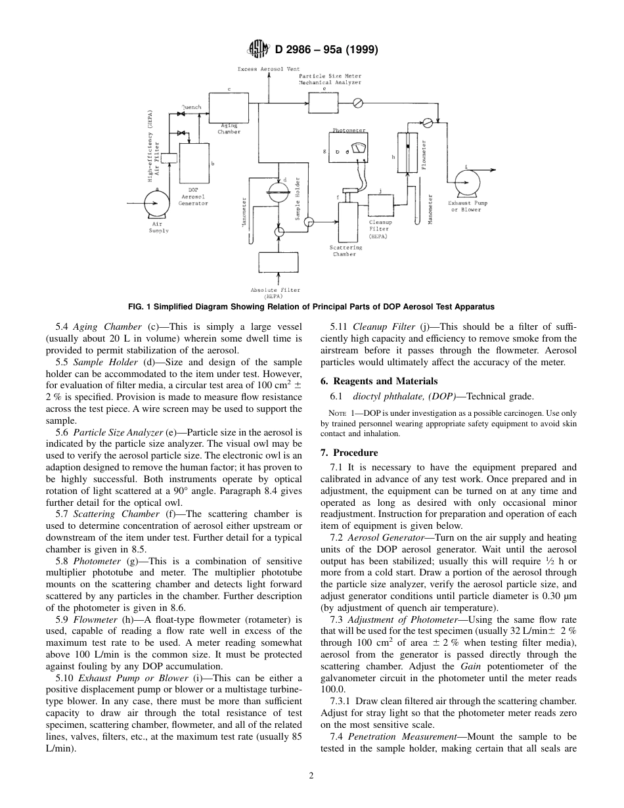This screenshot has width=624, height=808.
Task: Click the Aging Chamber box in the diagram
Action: [x=229, y=107]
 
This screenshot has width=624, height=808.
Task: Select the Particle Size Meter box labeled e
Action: [x=324, y=102]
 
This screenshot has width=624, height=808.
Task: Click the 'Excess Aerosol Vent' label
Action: [x=269, y=68]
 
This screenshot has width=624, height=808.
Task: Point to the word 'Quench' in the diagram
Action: [x=191, y=106]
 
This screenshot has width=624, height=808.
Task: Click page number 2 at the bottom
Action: [x=311, y=774]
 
